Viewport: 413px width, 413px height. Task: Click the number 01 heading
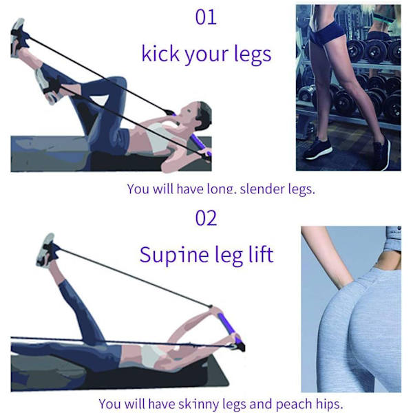pos(206,17)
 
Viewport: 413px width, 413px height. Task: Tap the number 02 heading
pos(206,218)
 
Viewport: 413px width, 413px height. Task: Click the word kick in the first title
pos(160,53)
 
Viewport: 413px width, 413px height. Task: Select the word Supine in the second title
pos(174,255)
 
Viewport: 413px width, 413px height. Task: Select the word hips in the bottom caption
pos(329,403)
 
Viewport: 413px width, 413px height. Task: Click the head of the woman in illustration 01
pos(199,116)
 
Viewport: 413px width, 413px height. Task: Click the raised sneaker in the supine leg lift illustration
pos(47,251)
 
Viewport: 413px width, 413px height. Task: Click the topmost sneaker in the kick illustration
pos(19,37)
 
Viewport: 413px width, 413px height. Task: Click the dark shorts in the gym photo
pos(326,33)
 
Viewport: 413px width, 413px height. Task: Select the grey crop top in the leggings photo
pos(392,239)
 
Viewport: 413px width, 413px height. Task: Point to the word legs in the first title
pos(253,54)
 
